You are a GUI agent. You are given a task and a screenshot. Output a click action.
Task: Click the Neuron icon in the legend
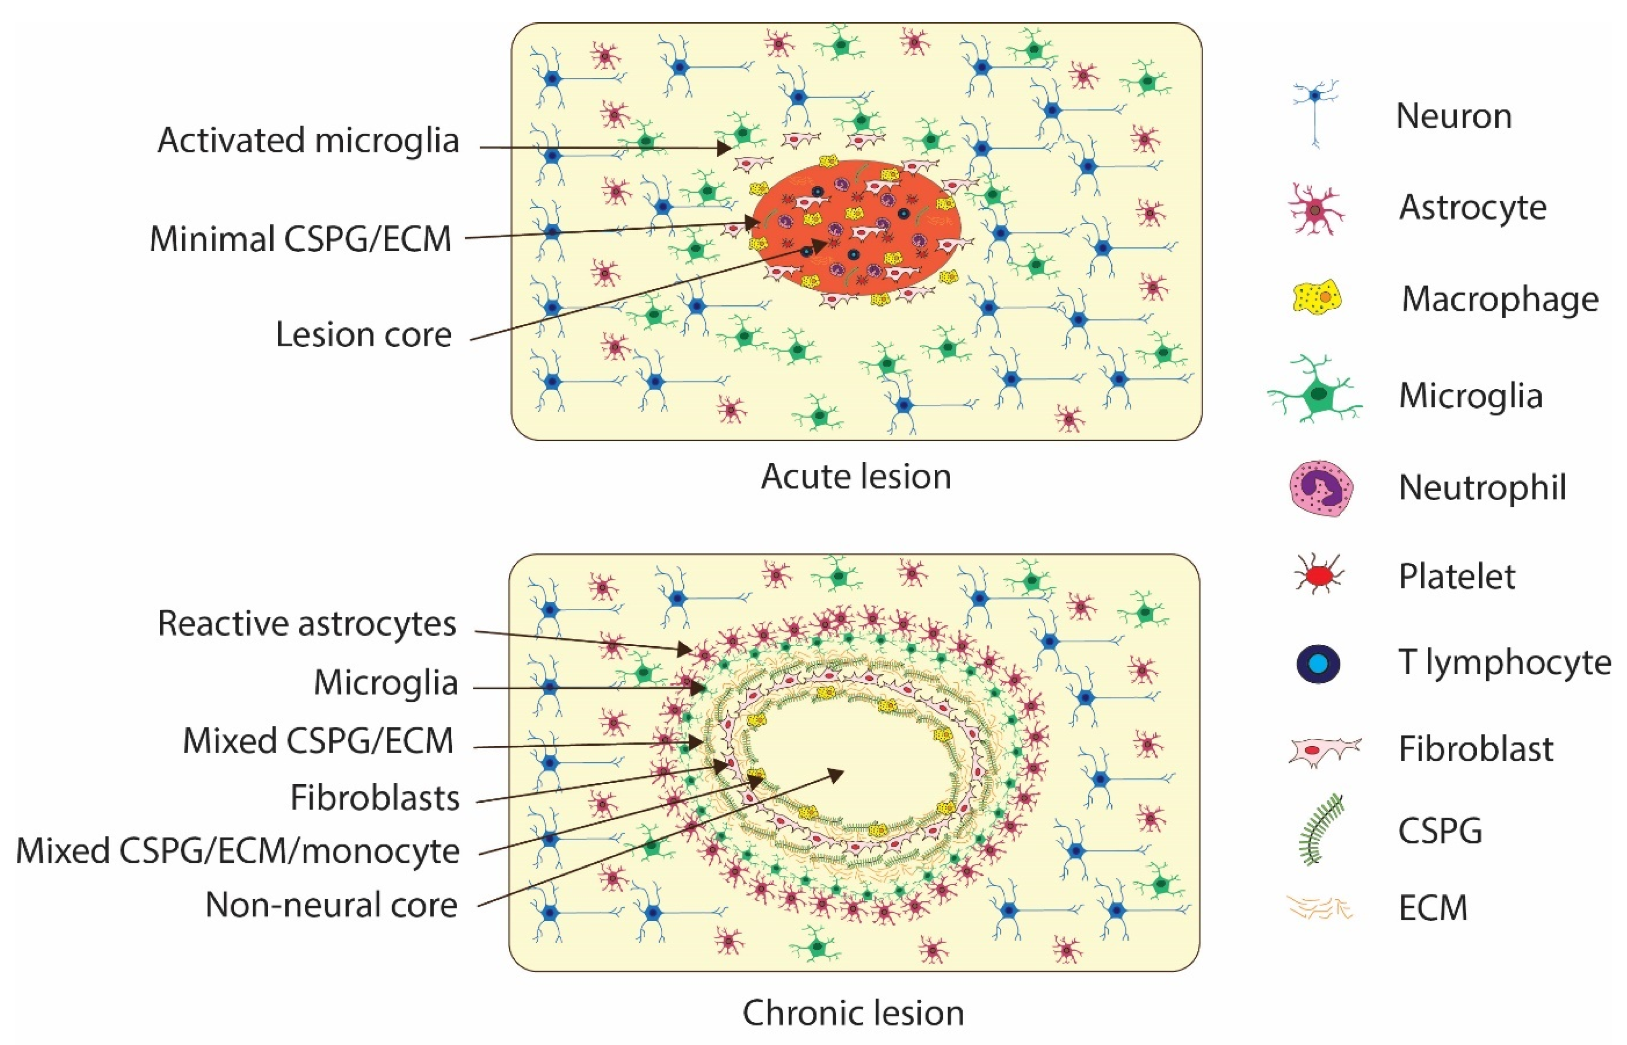1315,114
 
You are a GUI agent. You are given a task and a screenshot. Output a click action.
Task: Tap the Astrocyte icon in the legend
1316,209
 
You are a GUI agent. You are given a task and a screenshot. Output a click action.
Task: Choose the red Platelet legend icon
1318,576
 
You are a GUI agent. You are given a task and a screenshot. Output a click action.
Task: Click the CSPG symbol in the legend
1320,830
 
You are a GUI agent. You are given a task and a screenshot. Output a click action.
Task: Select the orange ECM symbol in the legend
1319,907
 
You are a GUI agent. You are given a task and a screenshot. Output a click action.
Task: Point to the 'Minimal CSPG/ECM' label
300,239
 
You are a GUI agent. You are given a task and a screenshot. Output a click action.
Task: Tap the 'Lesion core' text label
363,335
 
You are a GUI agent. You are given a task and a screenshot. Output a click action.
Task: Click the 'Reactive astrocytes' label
307,623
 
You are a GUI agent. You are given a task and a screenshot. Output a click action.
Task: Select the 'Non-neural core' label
331,905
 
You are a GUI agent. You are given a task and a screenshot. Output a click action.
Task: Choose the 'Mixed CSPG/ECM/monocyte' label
238,851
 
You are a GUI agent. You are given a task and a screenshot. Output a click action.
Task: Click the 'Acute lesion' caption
856,477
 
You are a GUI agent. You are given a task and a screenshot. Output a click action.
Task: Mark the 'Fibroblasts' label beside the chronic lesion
375,798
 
